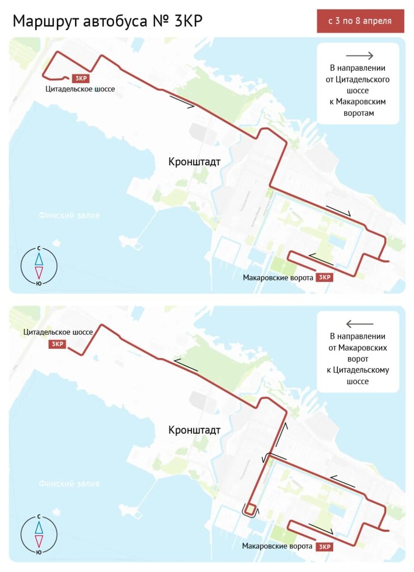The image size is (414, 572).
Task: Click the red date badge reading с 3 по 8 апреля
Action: (360, 21)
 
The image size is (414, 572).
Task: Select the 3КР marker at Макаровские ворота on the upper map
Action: (325, 277)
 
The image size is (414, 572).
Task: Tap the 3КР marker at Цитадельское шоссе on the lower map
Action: (57, 344)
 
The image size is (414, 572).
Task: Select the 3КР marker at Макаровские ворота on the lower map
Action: (325, 547)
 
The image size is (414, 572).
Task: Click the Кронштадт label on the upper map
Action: (194, 162)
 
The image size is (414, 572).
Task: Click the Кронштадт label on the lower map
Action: (194, 430)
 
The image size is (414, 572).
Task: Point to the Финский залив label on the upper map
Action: (69, 215)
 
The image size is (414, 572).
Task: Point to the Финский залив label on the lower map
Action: (69, 484)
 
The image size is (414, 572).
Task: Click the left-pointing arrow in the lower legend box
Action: (359, 324)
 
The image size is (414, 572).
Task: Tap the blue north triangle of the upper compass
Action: (39, 258)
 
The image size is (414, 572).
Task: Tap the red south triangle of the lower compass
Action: (39, 541)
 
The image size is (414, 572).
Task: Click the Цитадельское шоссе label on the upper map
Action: (80, 89)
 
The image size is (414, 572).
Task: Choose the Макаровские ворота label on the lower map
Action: (277, 546)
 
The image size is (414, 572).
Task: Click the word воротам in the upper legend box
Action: (358, 113)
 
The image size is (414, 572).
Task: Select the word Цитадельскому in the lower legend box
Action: (358, 370)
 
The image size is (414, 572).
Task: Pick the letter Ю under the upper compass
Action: (39, 283)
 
